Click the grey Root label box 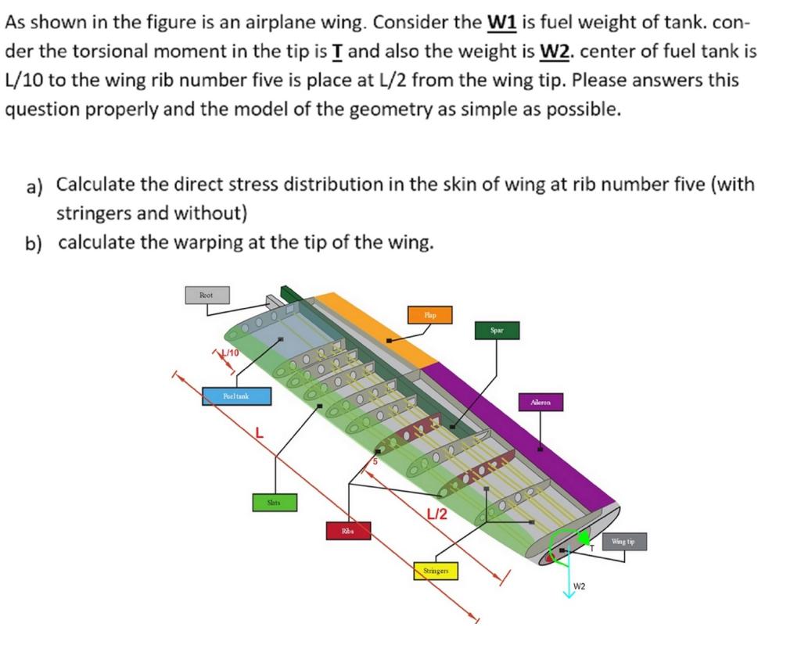(206, 295)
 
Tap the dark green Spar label (497, 331)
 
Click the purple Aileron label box (541, 403)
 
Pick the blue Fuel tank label (236, 396)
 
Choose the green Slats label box (274, 503)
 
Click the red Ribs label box (347, 531)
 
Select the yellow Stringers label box (436, 571)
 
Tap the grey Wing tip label (623, 541)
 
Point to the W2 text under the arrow (580, 586)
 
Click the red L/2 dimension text (436, 514)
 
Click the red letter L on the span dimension (259, 432)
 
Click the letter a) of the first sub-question (34, 187)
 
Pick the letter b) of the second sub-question (34, 243)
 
